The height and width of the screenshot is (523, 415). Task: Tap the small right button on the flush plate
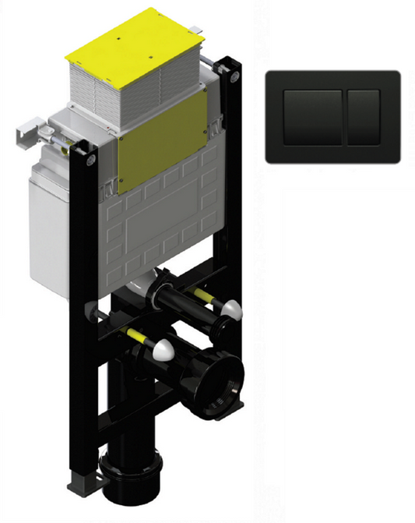point(364,116)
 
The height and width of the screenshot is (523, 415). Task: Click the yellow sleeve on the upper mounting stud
point(206,297)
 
